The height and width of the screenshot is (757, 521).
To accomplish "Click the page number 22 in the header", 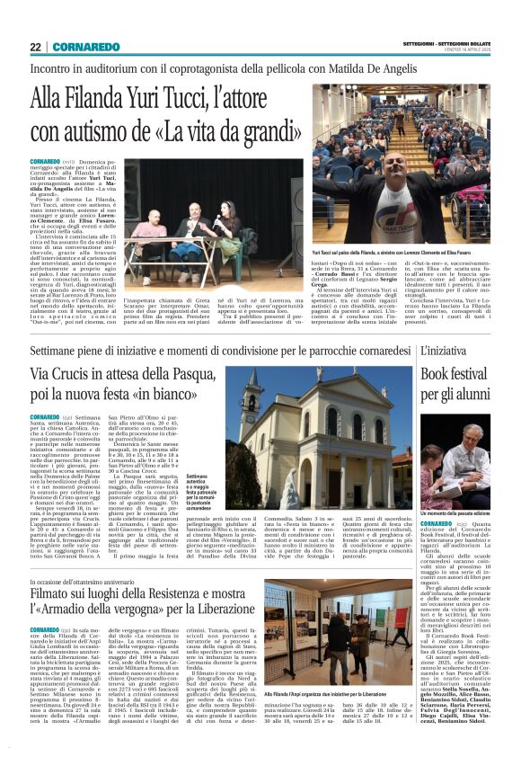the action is [35, 46].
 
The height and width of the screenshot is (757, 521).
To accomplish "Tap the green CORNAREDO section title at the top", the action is [85, 46].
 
